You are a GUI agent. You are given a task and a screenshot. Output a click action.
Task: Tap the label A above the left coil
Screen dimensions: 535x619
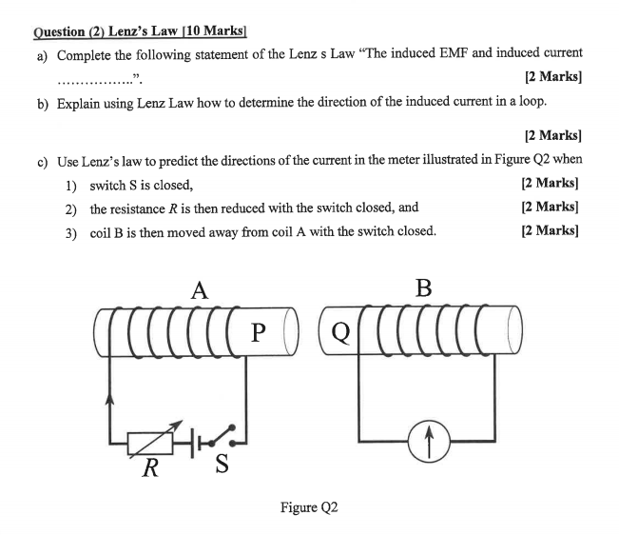[199, 291]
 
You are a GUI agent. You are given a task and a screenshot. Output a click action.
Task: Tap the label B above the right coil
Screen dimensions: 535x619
[423, 288]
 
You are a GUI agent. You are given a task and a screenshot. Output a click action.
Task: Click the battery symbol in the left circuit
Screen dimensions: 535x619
[196, 440]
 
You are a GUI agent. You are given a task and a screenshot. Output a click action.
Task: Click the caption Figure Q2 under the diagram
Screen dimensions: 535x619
[309, 507]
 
